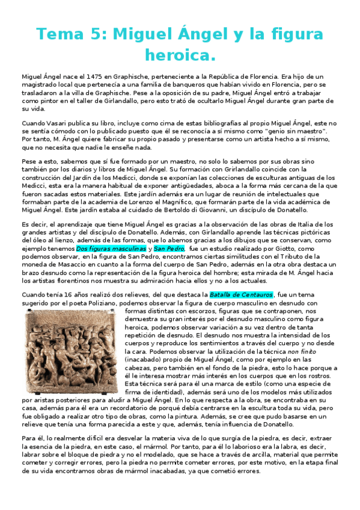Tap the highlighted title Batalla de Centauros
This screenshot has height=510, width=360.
coord(241,295)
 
